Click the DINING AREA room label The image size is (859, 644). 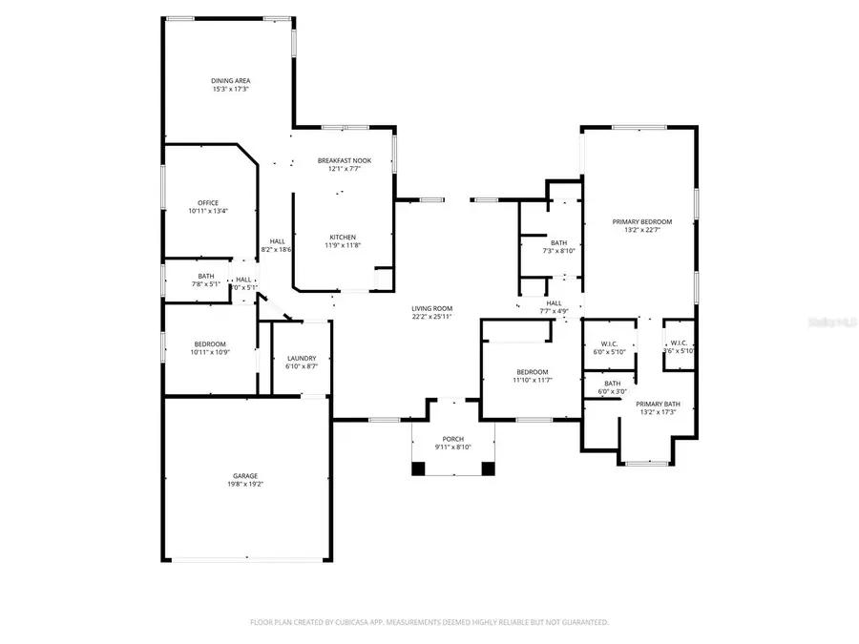[230, 80]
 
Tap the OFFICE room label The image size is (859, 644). [208, 202]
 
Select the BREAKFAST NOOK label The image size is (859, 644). [344, 160]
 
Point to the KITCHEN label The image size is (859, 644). [343, 237]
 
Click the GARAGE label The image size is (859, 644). [245, 475]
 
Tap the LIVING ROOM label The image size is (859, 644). [431, 308]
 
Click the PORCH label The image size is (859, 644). [452, 439]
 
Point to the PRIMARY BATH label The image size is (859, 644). [656, 403]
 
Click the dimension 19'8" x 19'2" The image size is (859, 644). [245, 485]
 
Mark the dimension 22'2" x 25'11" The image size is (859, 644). [431, 317]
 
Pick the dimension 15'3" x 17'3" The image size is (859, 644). [230, 89]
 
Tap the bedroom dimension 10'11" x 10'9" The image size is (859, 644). [210, 352]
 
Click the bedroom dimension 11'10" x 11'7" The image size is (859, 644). [532, 380]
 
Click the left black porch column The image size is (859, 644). [418, 468]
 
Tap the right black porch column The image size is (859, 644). [488, 468]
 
